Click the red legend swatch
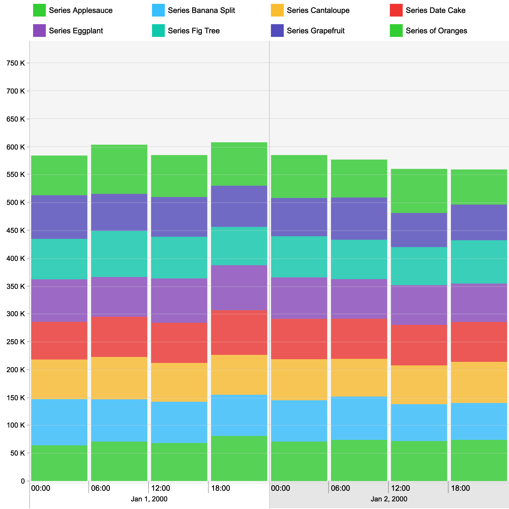pyautogui.click(x=396, y=10)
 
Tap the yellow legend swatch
pyautogui.click(x=277, y=10)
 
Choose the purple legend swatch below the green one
pyautogui.click(x=39, y=31)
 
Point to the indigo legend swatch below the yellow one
pyautogui.click(x=277, y=31)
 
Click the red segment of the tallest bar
pyautogui.click(x=239, y=333)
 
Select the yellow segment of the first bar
pyautogui.click(x=59, y=379)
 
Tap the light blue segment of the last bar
pyautogui.click(x=479, y=422)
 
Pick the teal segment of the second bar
pyautogui.click(x=119, y=254)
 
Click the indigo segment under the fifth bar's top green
pyautogui.click(x=299, y=217)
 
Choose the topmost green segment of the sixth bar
pyautogui.click(x=359, y=178)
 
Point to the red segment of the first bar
pyautogui.click(x=59, y=341)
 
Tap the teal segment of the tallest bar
pyautogui.click(x=239, y=246)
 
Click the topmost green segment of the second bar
pyautogui.click(x=119, y=169)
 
